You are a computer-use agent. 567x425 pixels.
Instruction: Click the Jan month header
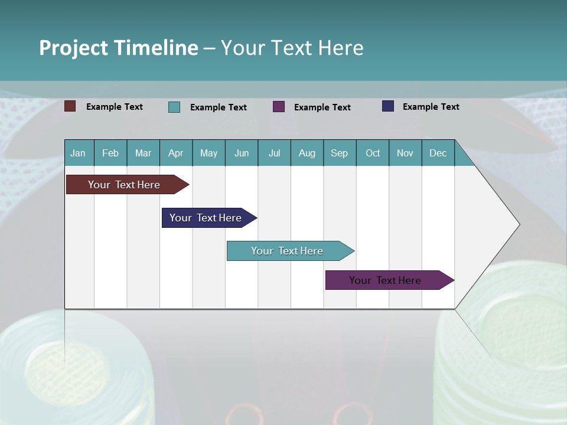[x=78, y=153]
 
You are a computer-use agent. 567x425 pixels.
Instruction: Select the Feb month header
[x=110, y=153]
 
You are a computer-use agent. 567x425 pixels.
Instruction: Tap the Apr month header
[x=176, y=153]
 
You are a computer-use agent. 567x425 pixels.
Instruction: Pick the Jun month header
[x=242, y=153]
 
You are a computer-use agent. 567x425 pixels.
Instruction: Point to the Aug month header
[x=307, y=153]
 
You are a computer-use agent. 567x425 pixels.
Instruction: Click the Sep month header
[x=340, y=153]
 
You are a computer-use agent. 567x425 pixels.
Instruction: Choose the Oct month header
[x=373, y=153]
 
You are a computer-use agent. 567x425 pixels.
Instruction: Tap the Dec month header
[x=438, y=153]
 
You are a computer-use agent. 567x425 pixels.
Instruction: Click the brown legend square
[x=70, y=106]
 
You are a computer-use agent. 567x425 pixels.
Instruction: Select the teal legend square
[x=174, y=107]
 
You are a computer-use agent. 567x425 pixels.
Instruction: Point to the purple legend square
[x=279, y=106]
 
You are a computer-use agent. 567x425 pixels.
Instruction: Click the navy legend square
[x=388, y=106]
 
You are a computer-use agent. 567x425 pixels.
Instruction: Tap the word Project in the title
[x=73, y=48]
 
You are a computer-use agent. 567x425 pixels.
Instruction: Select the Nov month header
[x=405, y=153]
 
